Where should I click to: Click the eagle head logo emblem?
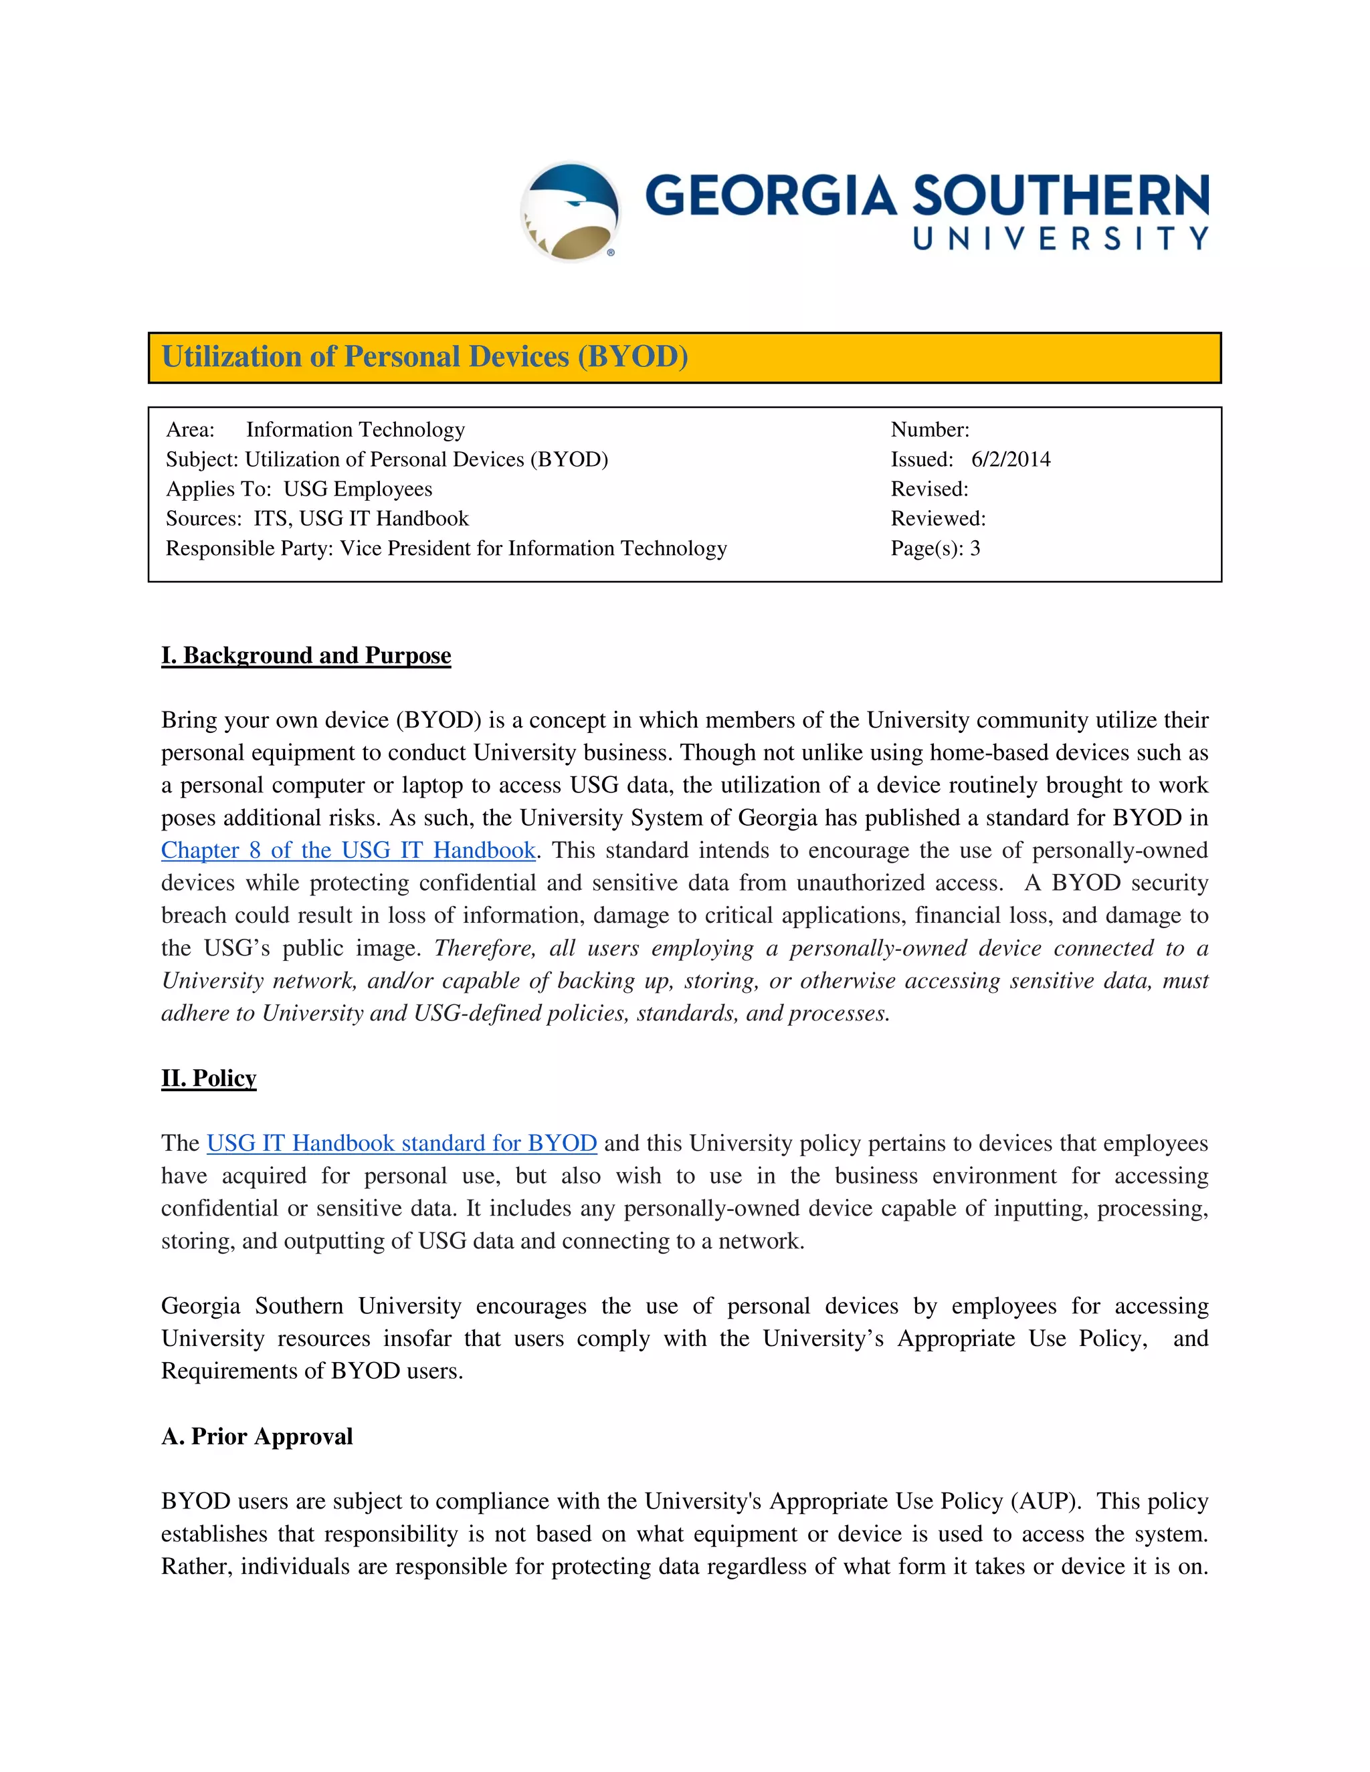571,211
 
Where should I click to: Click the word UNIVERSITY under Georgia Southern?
1060,239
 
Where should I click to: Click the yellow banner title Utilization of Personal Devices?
425,357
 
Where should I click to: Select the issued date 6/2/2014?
1011,459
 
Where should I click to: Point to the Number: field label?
930,429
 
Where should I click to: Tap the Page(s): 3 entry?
935,548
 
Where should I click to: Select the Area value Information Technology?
355,429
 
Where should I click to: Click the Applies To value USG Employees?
358,489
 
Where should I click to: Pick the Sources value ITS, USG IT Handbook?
361,518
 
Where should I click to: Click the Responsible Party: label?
249,548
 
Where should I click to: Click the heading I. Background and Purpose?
306,655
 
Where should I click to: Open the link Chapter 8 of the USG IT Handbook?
348,851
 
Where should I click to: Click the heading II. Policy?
209,1079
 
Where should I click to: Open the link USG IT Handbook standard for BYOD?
402,1143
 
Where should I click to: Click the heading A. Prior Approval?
256,1437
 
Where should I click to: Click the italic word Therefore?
484,948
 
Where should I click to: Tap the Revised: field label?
929,489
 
